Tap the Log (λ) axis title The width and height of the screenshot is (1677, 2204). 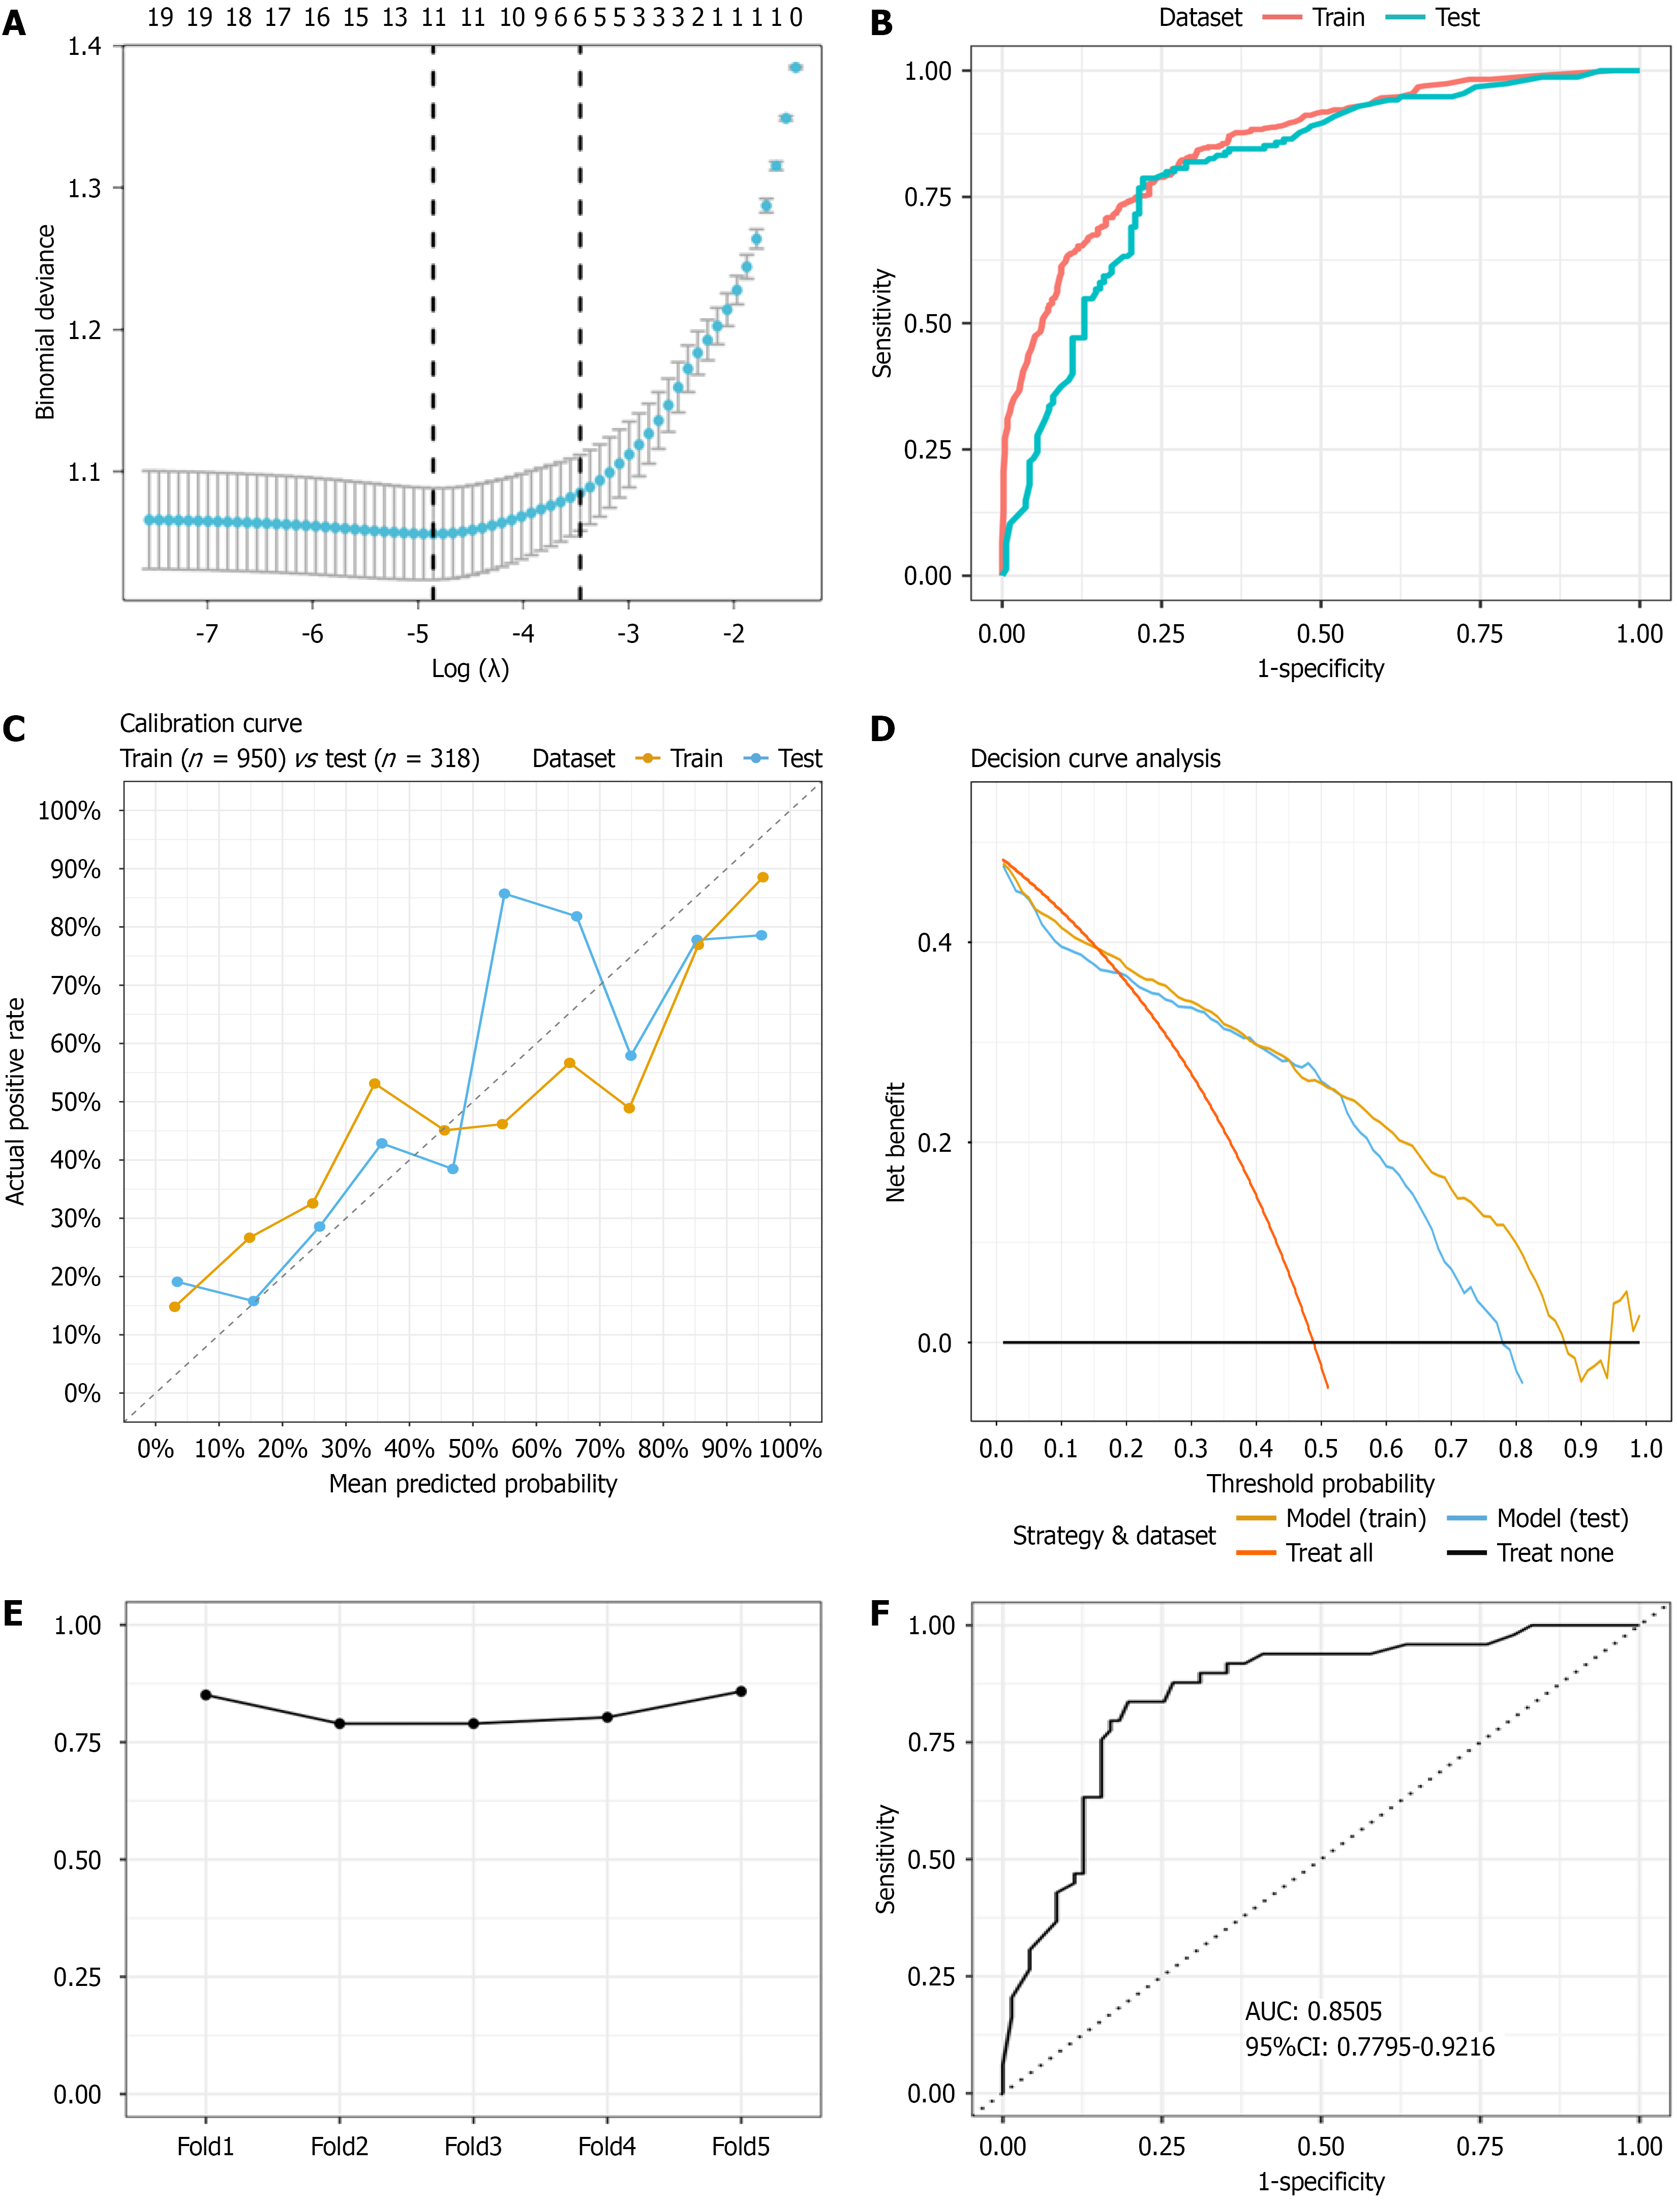coord(470,669)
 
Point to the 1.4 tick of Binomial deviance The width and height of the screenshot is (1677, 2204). coord(85,46)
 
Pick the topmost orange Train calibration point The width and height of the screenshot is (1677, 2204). coord(763,877)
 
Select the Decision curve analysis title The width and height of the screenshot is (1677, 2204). coord(1095,758)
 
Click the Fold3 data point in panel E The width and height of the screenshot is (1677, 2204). coord(473,1724)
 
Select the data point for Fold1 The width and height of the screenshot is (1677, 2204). coord(206,1695)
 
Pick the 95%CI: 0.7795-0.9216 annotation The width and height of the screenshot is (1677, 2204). coord(1369,2047)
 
